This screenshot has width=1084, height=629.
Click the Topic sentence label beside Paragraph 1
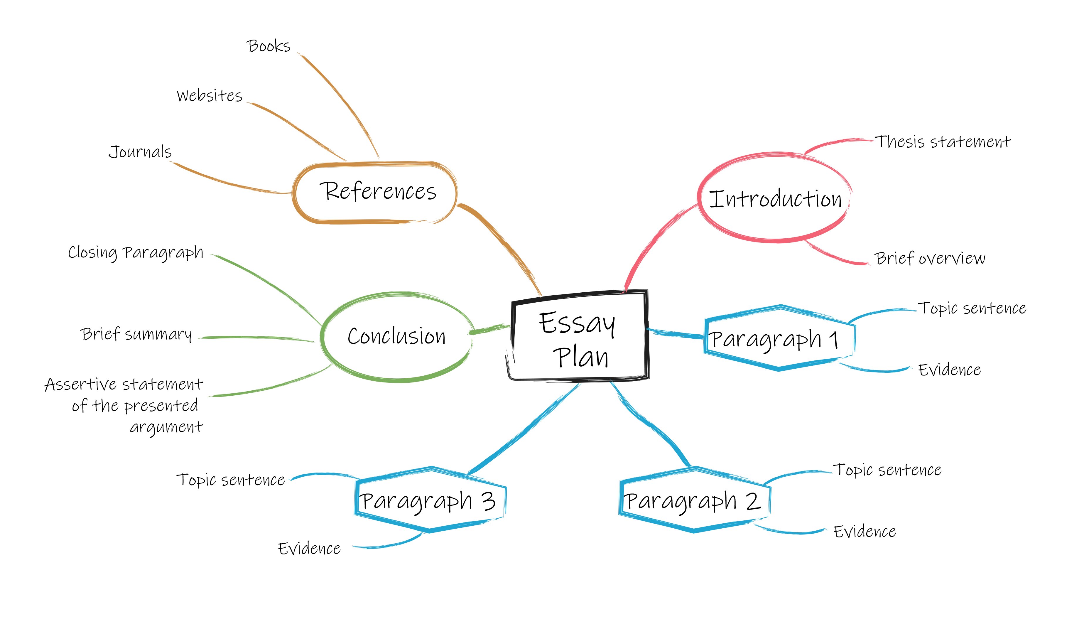click(x=972, y=308)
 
